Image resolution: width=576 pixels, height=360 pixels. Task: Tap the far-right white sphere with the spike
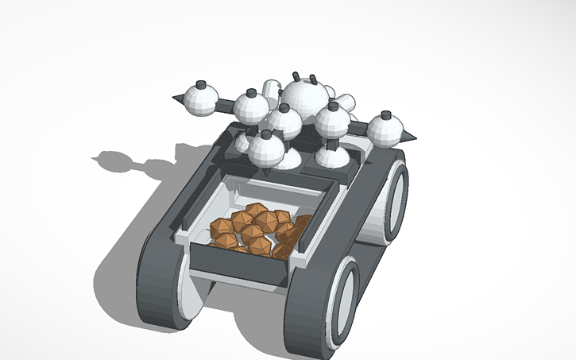click(x=385, y=129)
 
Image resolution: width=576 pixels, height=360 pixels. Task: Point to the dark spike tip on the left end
click(x=177, y=99)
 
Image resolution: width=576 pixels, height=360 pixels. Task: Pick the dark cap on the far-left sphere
click(x=202, y=83)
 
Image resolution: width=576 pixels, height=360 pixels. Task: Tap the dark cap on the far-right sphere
click(x=386, y=114)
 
